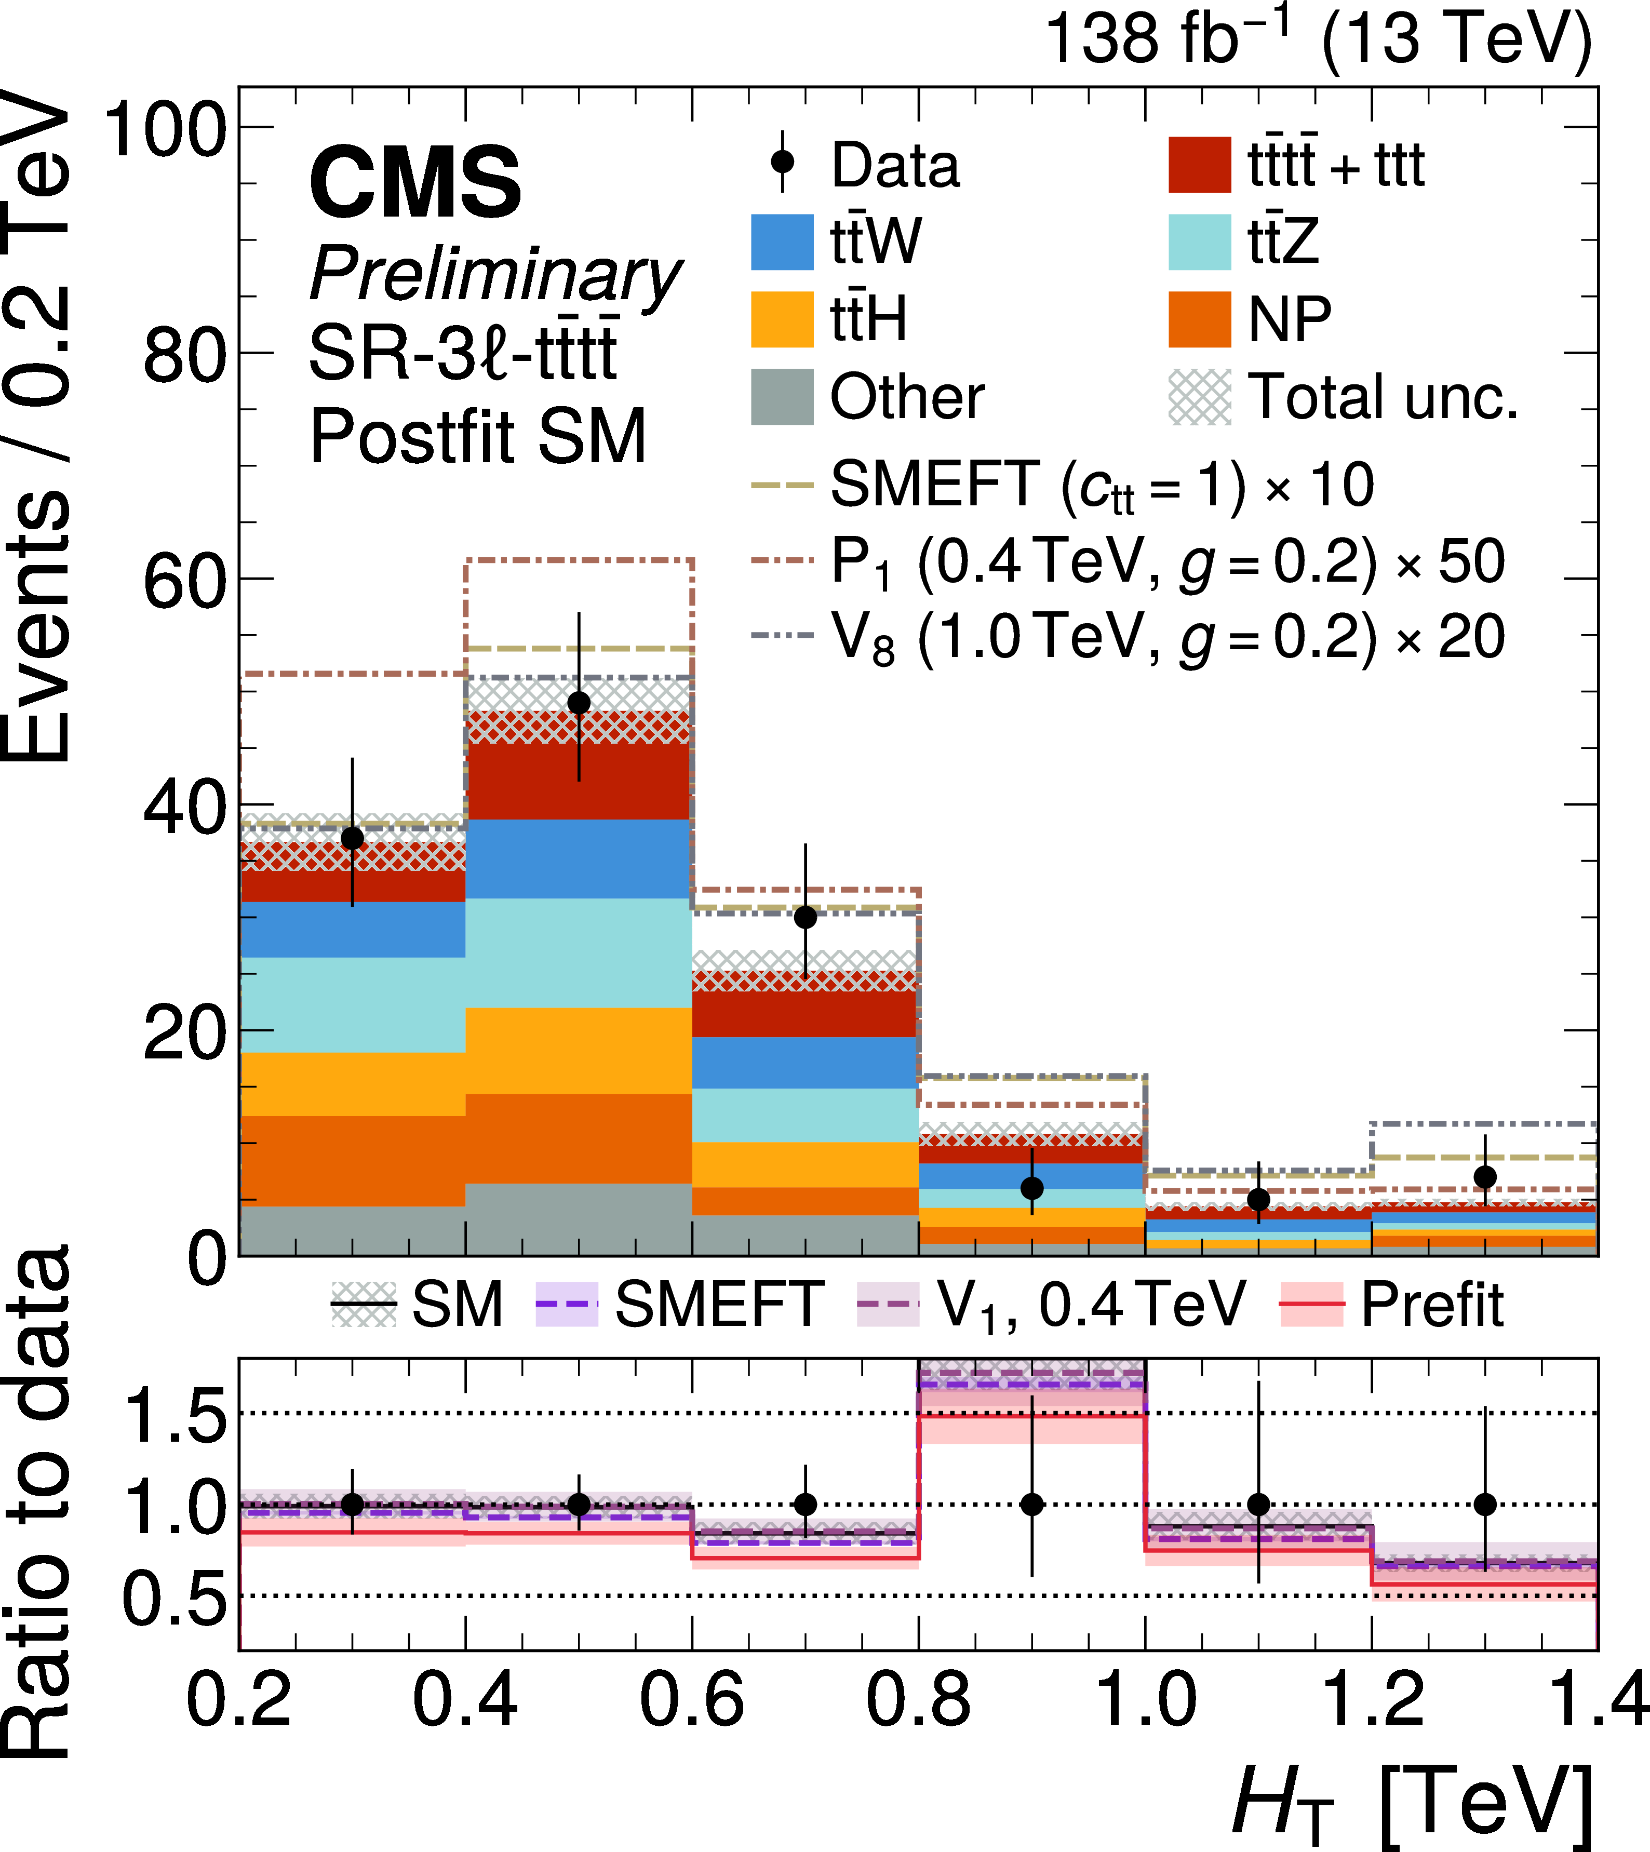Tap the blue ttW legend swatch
782,242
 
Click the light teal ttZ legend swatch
1199,242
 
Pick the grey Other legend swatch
782,397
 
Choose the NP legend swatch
1199,319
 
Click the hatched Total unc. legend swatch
1199,397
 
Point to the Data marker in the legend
782,163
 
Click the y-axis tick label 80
183,354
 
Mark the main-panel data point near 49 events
579,703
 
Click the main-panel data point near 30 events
805,917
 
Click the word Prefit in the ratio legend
1432,1305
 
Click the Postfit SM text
478,436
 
